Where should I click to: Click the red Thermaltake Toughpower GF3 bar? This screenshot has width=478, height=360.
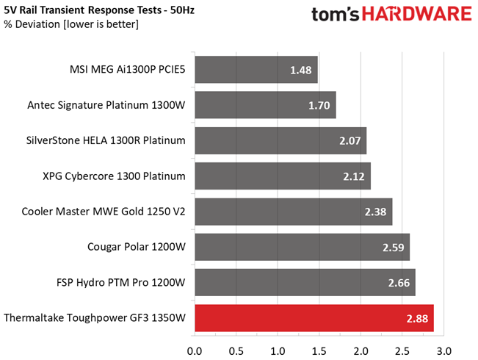point(314,318)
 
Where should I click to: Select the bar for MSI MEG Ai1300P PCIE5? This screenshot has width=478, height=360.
point(256,70)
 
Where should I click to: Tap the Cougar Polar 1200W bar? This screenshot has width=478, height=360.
point(302,248)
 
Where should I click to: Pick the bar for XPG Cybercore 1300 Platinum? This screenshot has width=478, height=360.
point(283,176)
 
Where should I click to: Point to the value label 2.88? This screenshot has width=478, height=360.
point(417,318)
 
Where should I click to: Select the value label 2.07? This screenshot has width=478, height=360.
point(350,141)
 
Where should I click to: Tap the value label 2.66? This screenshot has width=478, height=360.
point(399,283)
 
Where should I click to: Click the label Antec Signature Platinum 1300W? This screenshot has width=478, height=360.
point(106,105)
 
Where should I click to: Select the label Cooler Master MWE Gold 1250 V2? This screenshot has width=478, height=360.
point(104,212)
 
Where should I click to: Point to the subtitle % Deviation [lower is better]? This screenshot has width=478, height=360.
point(71,25)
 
